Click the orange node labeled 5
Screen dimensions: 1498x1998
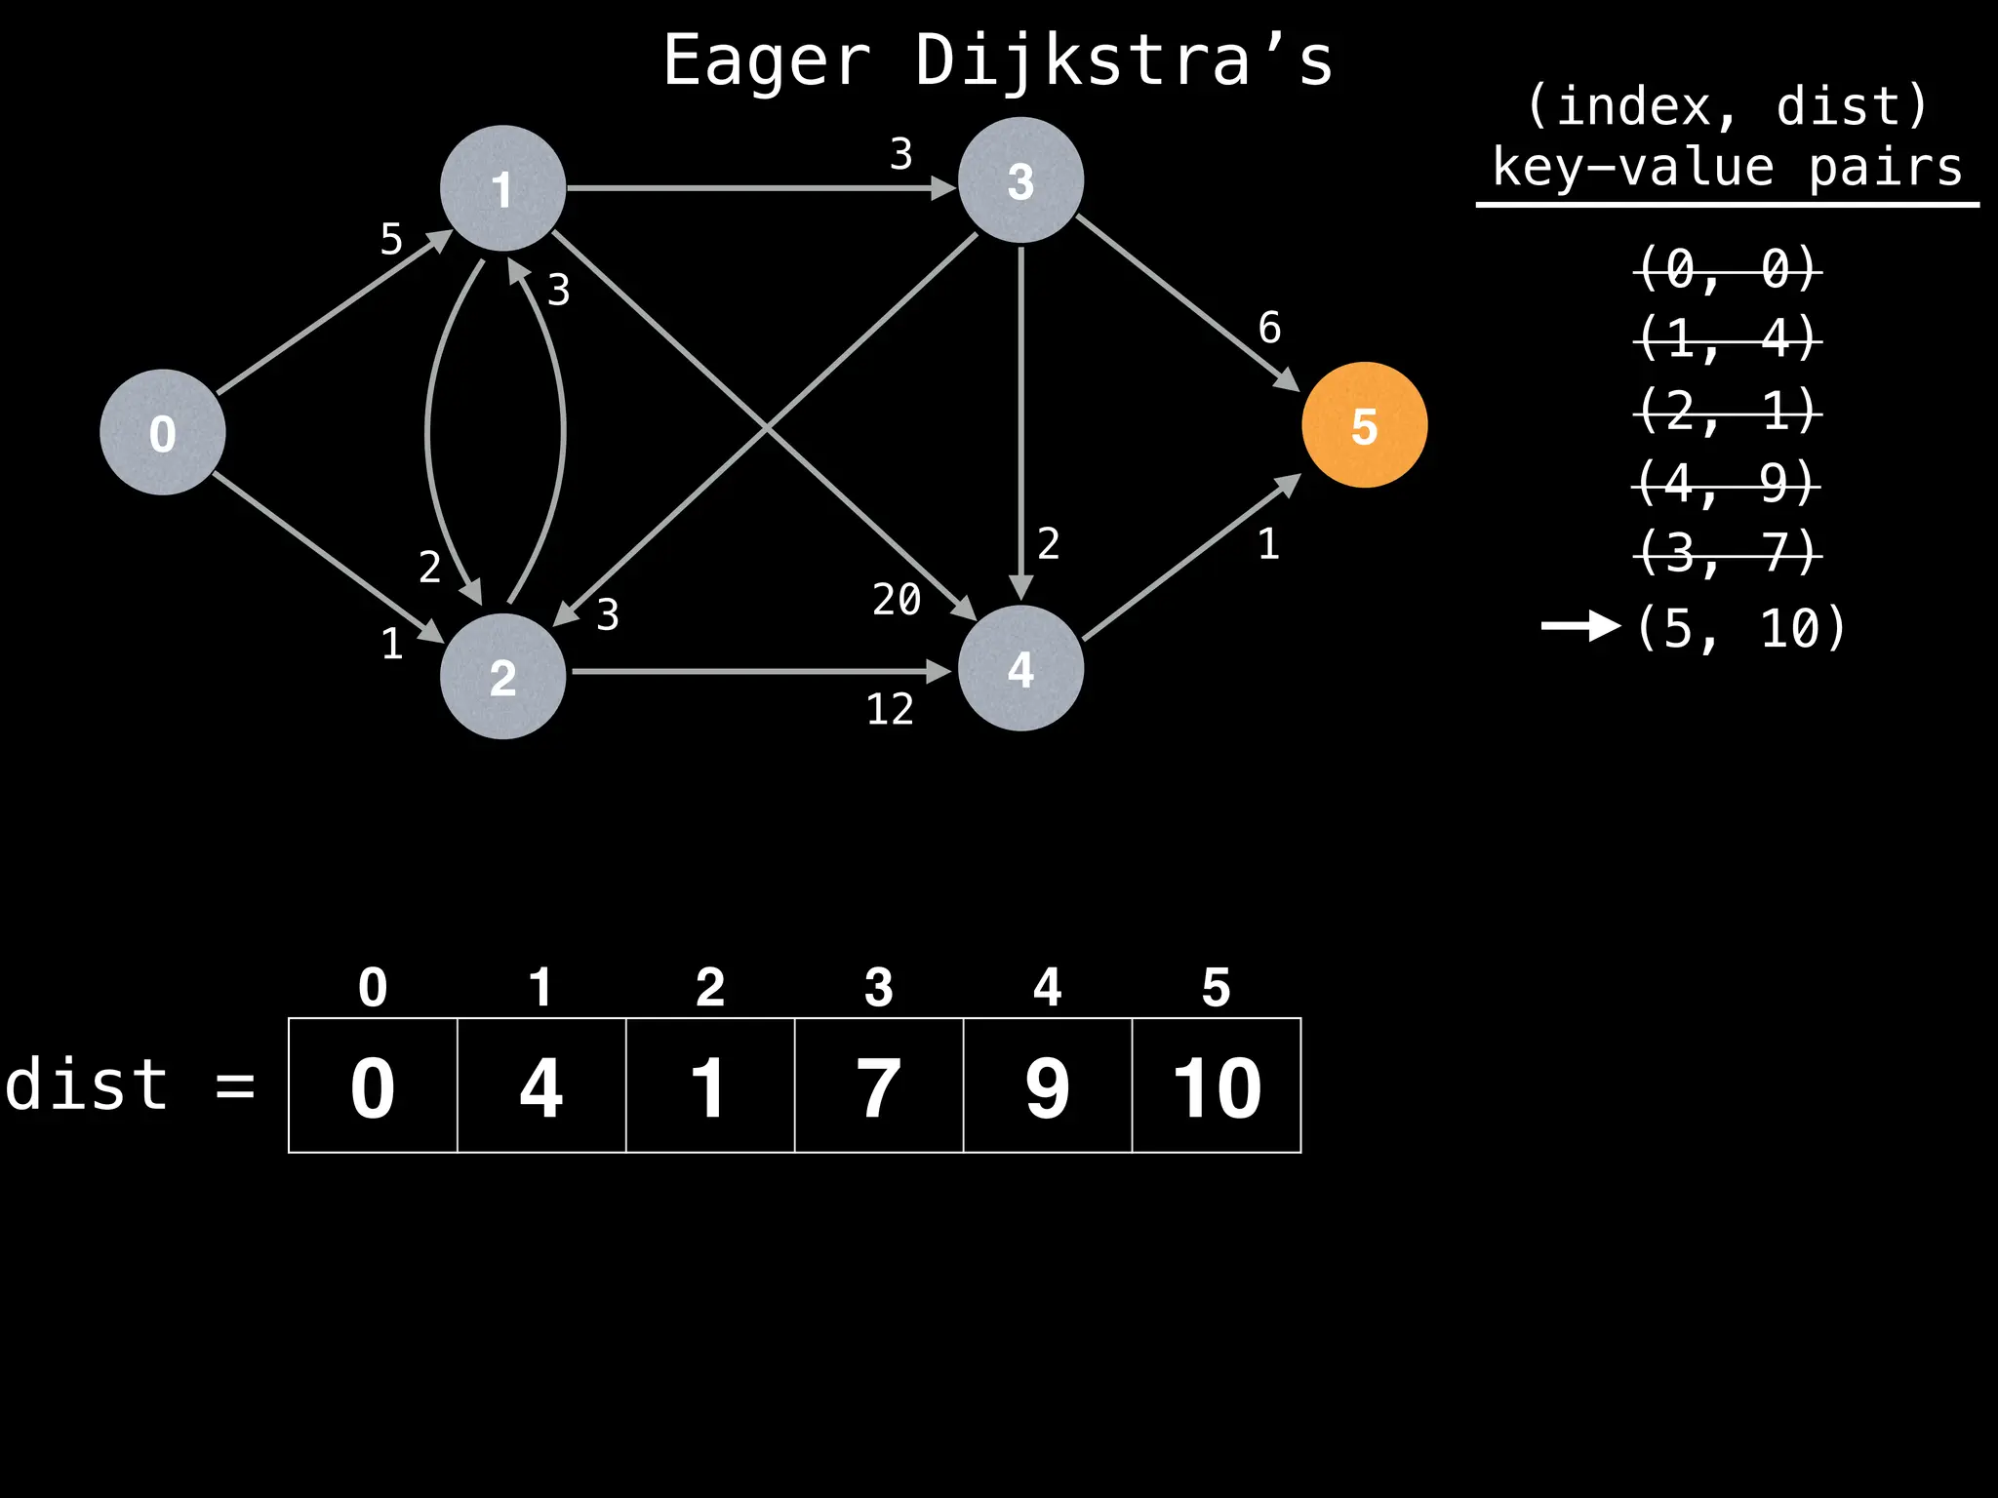tap(1364, 425)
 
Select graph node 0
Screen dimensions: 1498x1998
tap(163, 432)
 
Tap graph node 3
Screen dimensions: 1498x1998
tap(1020, 180)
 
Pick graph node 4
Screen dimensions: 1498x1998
tap(1020, 669)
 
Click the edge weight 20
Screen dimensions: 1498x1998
tap(897, 599)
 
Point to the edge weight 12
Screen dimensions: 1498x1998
tap(890, 709)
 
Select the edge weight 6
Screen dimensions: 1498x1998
tap(1269, 328)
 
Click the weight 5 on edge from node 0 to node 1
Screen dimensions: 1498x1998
tap(391, 239)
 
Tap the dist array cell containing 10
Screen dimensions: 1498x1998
tap(1217, 1085)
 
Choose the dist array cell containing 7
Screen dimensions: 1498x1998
tap(879, 1085)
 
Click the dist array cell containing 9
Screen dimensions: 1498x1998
tap(1048, 1085)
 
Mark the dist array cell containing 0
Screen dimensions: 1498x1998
tap(373, 1085)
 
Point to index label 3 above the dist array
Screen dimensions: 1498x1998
tap(879, 987)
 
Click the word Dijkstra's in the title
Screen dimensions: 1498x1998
tap(1123, 60)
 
